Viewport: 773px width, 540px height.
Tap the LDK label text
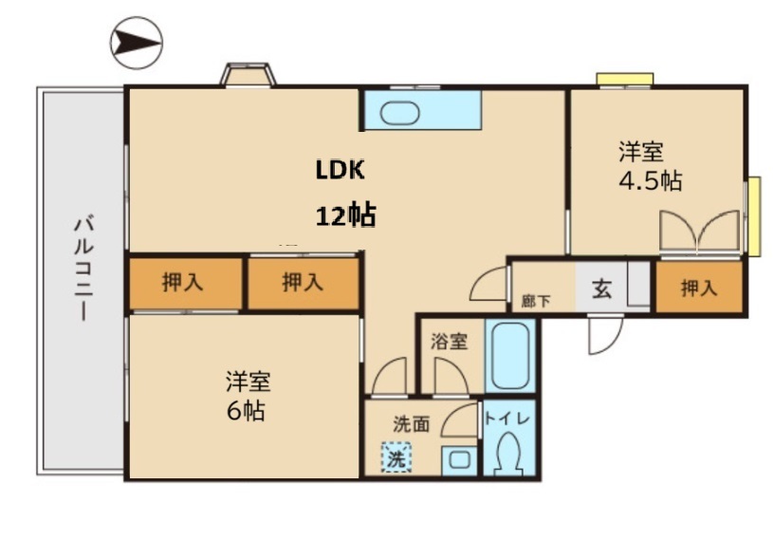(340, 170)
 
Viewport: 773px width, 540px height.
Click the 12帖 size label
(345, 215)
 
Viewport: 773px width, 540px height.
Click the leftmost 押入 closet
(183, 282)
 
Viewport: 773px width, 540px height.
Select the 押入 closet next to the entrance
(698, 288)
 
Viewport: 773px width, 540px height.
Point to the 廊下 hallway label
(535, 302)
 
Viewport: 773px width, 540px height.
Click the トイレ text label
(510, 419)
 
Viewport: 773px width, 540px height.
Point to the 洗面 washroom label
(412, 425)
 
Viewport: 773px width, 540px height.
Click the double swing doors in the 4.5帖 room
(699, 233)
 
